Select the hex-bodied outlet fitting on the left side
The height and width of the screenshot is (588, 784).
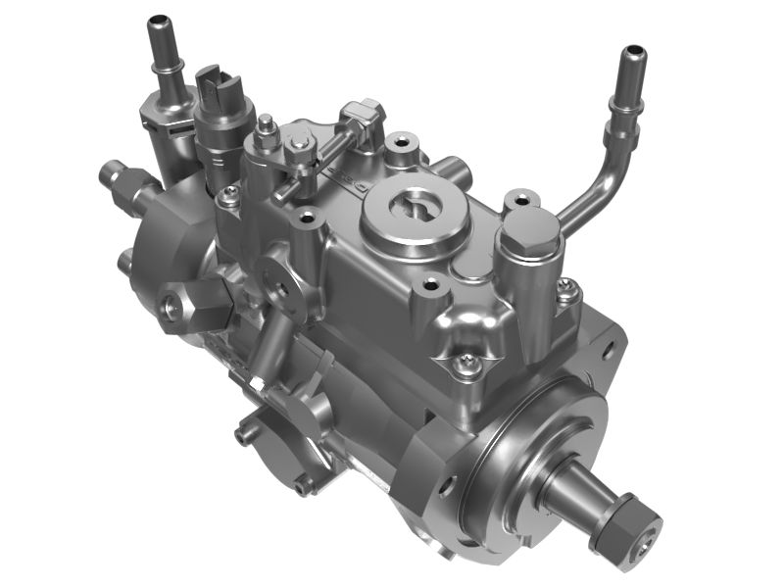point(185,305)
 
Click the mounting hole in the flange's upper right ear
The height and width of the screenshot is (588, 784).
point(609,346)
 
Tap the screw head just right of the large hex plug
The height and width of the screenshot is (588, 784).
point(567,289)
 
